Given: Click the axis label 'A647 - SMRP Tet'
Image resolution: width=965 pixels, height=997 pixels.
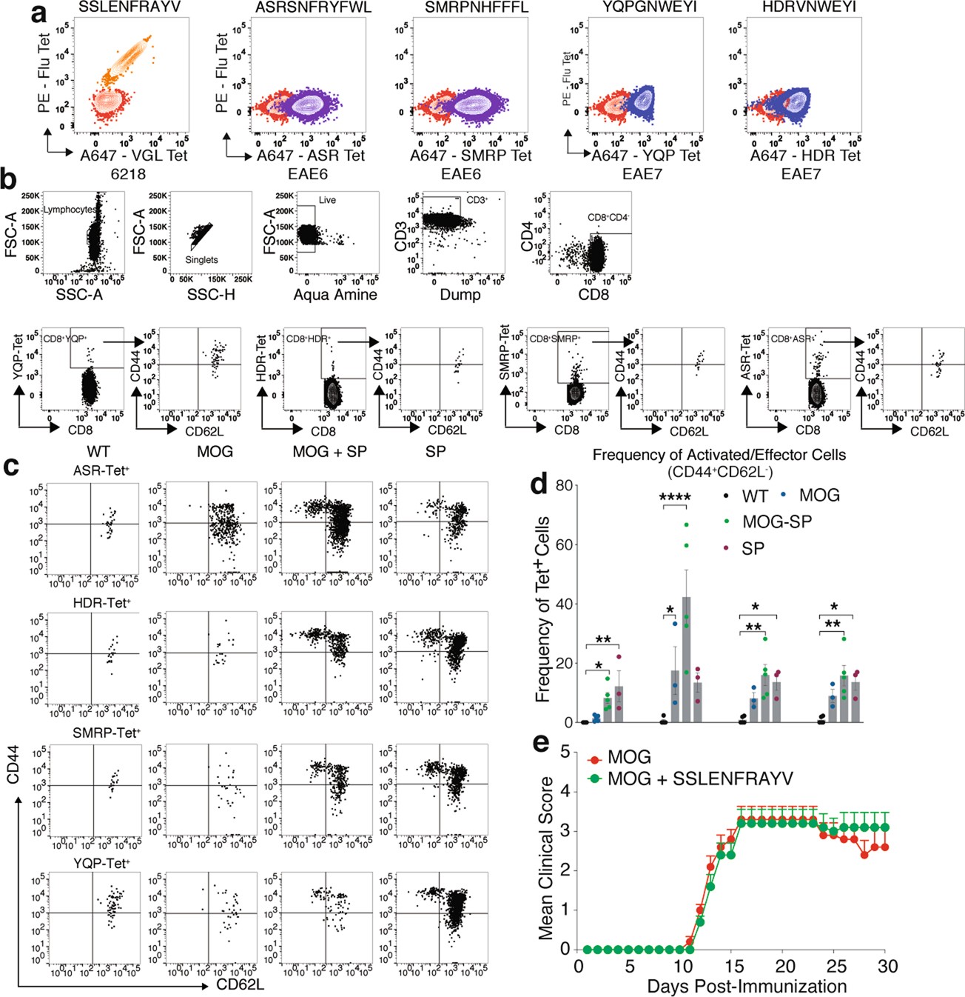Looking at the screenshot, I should click(x=471, y=156).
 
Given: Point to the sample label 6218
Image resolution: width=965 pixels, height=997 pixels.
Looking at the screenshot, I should click(x=127, y=174).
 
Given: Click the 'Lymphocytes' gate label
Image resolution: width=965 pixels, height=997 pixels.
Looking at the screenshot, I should click(x=70, y=210).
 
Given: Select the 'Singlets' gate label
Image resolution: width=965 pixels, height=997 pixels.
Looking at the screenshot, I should click(x=201, y=260).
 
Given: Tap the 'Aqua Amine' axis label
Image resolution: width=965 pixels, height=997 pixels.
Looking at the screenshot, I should click(x=335, y=295).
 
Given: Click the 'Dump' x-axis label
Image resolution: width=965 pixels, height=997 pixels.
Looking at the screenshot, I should click(x=460, y=295).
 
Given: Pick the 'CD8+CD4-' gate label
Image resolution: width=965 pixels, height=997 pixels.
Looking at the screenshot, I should click(x=609, y=218).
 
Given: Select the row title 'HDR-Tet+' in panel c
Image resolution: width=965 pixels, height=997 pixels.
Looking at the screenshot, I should click(x=101, y=603).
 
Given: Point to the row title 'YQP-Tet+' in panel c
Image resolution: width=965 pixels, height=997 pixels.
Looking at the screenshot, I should click(x=101, y=863).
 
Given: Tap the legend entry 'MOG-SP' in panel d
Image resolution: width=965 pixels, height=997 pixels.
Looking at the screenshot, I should click(x=776, y=522).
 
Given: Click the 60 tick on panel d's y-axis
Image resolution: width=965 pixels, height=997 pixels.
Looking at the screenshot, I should click(x=565, y=544).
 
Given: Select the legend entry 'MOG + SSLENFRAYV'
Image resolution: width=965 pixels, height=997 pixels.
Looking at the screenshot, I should click(x=699, y=778).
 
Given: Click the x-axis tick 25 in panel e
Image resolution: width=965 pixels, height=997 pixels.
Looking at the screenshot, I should click(x=836, y=966).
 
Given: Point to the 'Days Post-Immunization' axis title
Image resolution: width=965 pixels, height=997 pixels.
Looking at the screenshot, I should click(x=747, y=987).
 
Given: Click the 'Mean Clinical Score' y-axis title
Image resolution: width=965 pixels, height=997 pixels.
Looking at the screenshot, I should click(x=546, y=858).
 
